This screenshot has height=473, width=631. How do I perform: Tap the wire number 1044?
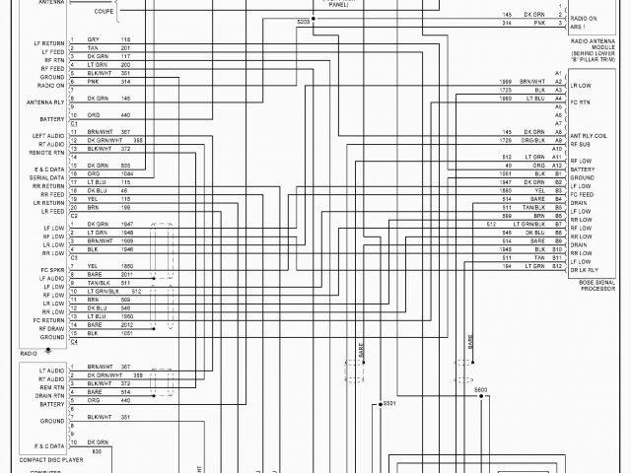[x=125, y=174]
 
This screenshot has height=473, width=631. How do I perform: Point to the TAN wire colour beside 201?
[x=93, y=47]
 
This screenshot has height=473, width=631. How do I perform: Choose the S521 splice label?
[x=388, y=403]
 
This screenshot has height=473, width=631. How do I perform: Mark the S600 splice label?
[x=480, y=390]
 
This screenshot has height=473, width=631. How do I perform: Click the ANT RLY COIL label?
[x=587, y=136]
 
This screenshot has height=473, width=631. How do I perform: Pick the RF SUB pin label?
[x=580, y=144]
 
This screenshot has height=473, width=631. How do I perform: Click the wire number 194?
[x=507, y=266]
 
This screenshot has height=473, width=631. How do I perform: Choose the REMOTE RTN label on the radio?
[x=48, y=152]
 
